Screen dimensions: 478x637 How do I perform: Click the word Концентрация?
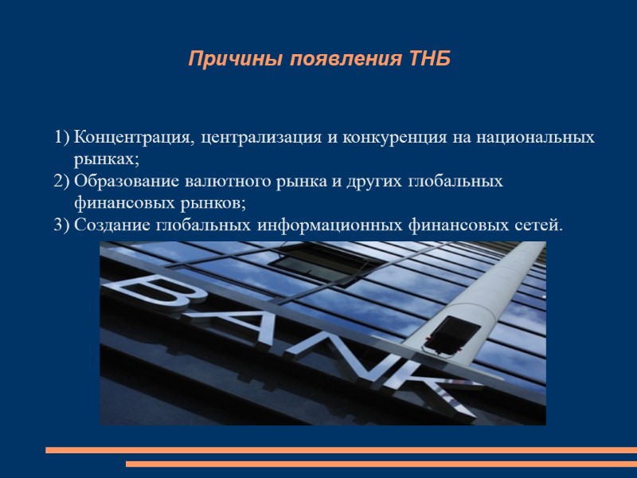133,138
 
